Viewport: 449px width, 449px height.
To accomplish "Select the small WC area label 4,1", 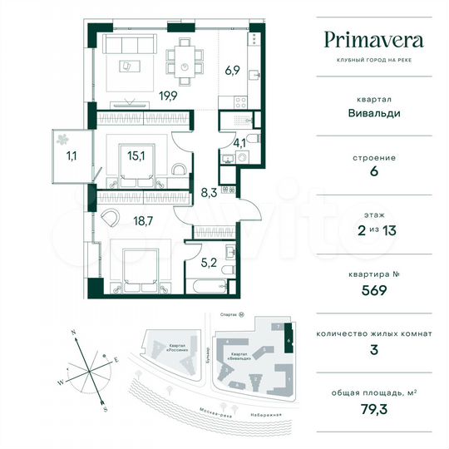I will click(x=239, y=143).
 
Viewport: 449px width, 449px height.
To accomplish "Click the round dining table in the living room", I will click(x=195, y=66).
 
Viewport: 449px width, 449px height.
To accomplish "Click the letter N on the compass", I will click(x=73, y=332).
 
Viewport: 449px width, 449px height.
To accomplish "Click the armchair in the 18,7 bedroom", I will click(x=111, y=216).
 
